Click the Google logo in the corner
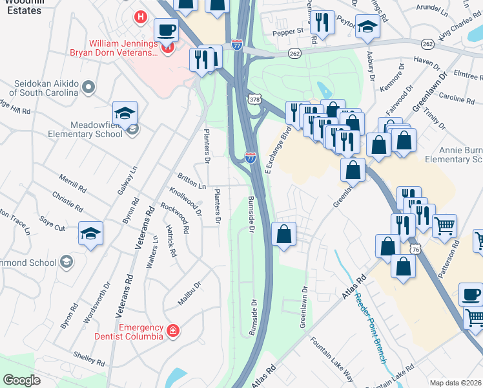coord(22,380)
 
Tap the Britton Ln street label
coord(192,180)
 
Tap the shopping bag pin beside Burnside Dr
coord(283,234)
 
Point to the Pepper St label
coord(287,30)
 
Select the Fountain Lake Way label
coord(332,358)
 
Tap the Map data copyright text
coord(456,382)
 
